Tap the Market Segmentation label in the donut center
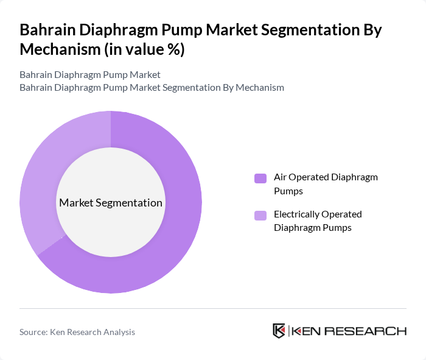(111, 203)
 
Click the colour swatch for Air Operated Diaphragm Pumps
(260, 178)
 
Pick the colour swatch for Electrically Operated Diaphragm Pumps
(260, 215)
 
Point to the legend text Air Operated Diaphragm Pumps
(326, 184)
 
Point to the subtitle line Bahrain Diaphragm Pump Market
(90, 74)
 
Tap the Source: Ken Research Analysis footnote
(77, 332)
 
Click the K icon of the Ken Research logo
(279, 331)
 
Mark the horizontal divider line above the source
(213, 308)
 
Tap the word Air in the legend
(281, 177)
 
